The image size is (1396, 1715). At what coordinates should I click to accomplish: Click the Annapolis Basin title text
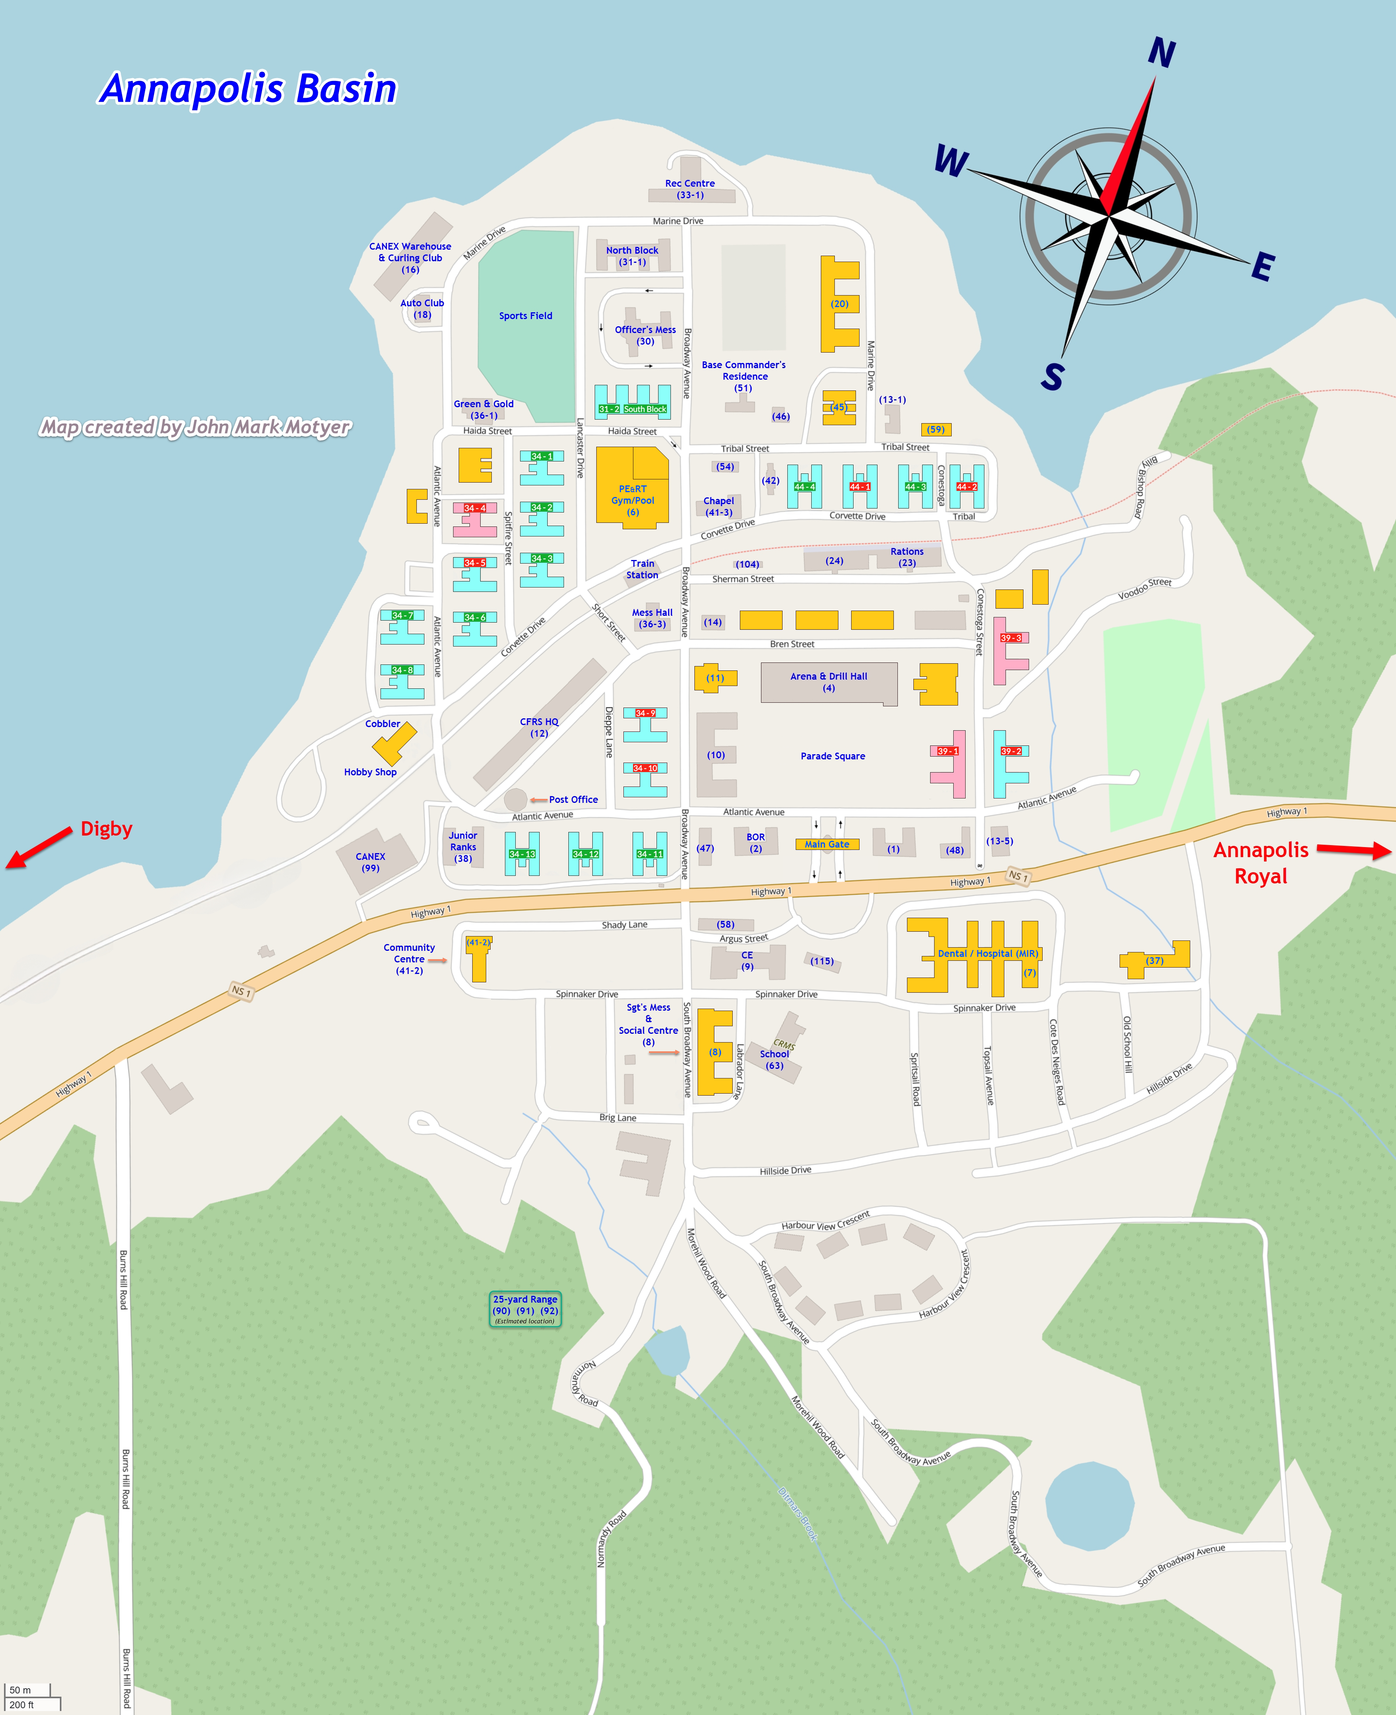coord(248,89)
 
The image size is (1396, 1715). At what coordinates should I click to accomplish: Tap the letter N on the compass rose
coord(1161,53)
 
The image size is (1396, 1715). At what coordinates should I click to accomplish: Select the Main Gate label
coord(827,844)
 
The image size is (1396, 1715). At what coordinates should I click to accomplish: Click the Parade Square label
coord(832,756)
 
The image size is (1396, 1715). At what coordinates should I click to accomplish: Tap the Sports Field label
coord(525,316)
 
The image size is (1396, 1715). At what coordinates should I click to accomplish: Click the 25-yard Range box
coord(525,1309)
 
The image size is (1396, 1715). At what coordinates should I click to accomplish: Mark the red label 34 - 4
coord(475,508)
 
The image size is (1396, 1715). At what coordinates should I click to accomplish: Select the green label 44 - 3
coord(915,487)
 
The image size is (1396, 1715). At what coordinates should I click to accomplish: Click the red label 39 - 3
coord(1011,638)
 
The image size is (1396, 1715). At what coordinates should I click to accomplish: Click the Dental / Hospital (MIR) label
coord(988,954)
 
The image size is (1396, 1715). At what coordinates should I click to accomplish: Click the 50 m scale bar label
coord(20,1690)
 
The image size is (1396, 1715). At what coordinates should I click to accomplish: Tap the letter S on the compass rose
coord(1052,376)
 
